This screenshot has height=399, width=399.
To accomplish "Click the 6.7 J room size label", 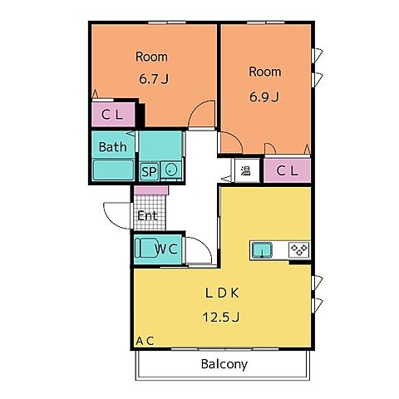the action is pos(154,79).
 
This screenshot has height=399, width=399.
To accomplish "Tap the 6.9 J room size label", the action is pos(264,97).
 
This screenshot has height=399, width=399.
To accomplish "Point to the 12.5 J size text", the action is pos(221,317).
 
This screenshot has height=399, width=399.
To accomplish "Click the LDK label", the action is pos(222,293).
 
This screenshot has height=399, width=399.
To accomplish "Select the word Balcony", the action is pos(224,364).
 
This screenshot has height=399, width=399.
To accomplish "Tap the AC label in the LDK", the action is pos(145,341).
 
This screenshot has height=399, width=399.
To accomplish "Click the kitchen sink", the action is pos(262,249).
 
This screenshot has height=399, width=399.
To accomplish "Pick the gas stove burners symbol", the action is pos(298,249).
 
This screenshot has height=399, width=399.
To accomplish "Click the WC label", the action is pos(166,249).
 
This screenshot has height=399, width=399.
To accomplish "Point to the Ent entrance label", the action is pos(147,216).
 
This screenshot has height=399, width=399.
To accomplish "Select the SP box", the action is pos(149,172).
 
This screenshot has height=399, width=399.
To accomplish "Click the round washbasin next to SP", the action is pos(170,170).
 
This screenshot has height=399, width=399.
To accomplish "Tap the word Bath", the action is pos(112,147).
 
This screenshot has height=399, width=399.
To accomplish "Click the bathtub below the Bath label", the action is pos(113,170).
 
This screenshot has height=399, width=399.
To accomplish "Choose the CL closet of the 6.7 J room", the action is pos(113,115).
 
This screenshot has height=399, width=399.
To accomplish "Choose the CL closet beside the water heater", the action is pos(287,170).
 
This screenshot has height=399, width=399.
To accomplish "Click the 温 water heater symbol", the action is pos(246,171).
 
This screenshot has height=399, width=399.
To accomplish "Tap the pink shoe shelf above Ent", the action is pos(151,190).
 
